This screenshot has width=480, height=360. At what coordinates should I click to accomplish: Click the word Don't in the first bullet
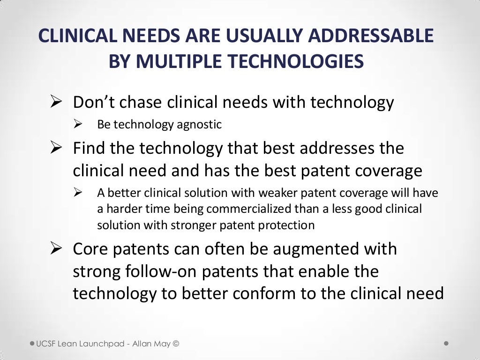pyautogui.click(x=92, y=102)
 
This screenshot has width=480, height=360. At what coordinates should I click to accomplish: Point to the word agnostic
pyautogui.click(x=199, y=125)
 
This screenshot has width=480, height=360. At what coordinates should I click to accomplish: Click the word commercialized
pyautogui.click(x=248, y=209)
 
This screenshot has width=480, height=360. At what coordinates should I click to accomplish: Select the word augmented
pyautogui.click(x=323, y=248)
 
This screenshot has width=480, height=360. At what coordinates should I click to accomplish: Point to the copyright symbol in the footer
pyautogui.click(x=176, y=344)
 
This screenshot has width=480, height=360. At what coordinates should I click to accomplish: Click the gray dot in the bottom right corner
pyautogui.click(x=446, y=343)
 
